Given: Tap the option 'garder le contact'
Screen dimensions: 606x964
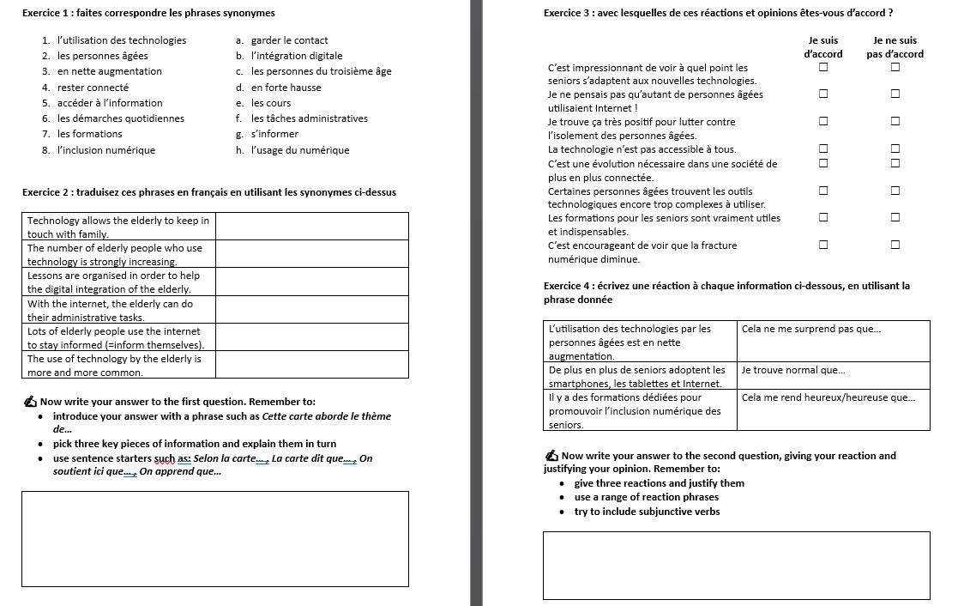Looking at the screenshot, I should pos(289,40).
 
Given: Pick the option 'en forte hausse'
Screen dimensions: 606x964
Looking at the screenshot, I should pos(286,88).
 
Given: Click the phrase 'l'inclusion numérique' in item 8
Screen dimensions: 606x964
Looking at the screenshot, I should pos(106,150).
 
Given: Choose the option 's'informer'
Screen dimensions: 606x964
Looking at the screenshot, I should pos(274,134).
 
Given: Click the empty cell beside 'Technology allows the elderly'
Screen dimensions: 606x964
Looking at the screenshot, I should pos(311,227).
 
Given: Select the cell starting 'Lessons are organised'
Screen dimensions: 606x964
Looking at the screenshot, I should pos(118,282).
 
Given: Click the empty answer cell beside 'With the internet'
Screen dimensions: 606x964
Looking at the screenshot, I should pos(311,310).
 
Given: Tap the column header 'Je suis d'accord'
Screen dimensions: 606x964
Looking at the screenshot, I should pos(822,47).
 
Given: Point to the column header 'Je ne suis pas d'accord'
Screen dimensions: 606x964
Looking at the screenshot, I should pos(895,47).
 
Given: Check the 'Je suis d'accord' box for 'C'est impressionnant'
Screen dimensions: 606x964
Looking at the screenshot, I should pos(822,67).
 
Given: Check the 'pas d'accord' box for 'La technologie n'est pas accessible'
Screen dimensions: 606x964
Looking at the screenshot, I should pos(895,148).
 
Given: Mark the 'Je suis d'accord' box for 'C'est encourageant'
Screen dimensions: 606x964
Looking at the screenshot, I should pos(822,245).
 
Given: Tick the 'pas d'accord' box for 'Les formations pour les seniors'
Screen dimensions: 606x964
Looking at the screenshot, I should pos(895,217).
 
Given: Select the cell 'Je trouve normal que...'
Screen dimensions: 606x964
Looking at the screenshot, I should pos(793,370).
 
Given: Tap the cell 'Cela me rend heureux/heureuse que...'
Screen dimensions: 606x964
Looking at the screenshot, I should pos(828,397).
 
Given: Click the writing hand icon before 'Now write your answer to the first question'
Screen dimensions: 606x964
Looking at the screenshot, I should pos(31,402).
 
